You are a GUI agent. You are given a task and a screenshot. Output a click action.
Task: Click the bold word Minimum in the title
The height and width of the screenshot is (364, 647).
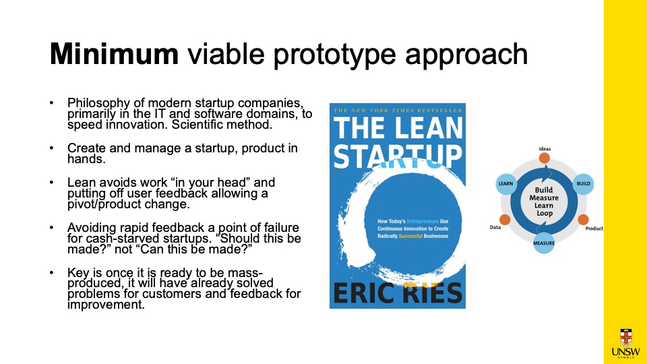[x=114, y=54]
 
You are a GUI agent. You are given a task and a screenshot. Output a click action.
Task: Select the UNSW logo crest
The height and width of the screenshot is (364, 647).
[x=626, y=338]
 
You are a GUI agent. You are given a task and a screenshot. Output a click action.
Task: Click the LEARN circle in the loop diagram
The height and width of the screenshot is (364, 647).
[x=506, y=183]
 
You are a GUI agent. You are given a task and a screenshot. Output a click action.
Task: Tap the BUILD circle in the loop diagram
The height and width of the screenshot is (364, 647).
[x=583, y=183]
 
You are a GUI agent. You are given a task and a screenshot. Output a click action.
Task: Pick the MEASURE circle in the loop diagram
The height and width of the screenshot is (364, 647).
[x=544, y=243]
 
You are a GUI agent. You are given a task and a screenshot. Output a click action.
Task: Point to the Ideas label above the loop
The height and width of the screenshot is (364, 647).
[x=545, y=149]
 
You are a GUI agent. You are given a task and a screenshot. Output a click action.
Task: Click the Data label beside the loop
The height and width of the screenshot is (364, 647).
[x=495, y=227]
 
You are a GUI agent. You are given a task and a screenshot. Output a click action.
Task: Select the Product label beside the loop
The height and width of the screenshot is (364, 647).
[x=594, y=229]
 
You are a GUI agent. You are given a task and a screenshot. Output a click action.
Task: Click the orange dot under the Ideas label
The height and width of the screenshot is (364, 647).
[x=545, y=158]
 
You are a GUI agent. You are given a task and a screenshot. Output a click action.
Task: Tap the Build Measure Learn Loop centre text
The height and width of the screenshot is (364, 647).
[x=545, y=202]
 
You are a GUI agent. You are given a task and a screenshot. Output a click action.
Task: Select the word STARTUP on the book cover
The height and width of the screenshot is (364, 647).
[x=398, y=156]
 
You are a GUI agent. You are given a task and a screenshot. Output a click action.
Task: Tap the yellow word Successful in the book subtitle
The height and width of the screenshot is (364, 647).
[x=410, y=236]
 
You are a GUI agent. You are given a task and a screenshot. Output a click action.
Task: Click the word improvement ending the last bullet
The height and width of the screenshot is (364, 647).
[x=106, y=305]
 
